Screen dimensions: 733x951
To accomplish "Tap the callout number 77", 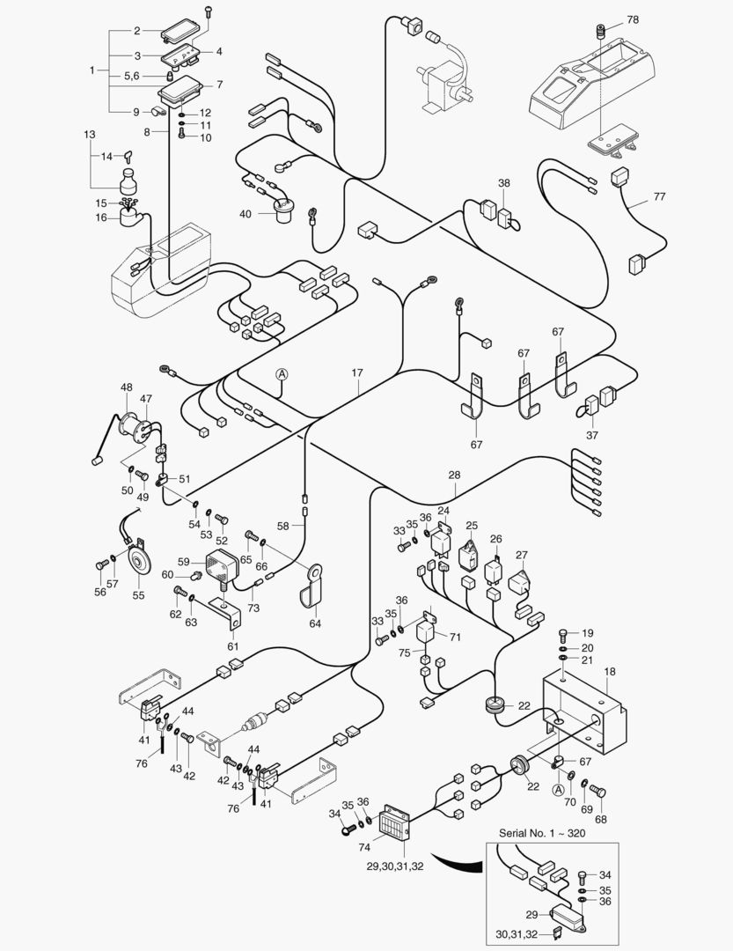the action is (659, 196).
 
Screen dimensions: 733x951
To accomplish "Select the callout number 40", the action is (245, 214).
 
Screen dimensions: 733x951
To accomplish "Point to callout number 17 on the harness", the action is (357, 372).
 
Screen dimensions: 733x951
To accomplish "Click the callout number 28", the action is (454, 475).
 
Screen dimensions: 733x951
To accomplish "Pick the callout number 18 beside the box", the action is (610, 671).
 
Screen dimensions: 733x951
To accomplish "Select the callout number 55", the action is (138, 595).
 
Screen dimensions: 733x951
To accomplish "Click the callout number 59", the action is (183, 560).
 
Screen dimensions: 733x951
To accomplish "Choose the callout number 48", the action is (127, 387).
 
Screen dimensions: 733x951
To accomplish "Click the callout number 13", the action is (89, 135).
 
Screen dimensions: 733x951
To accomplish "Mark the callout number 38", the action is (504, 184).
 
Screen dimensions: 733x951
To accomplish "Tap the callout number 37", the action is (591, 434).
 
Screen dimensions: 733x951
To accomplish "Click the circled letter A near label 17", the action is (282, 374).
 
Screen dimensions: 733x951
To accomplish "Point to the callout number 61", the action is (232, 646).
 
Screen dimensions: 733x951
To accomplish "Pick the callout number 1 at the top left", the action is (92, 70).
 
